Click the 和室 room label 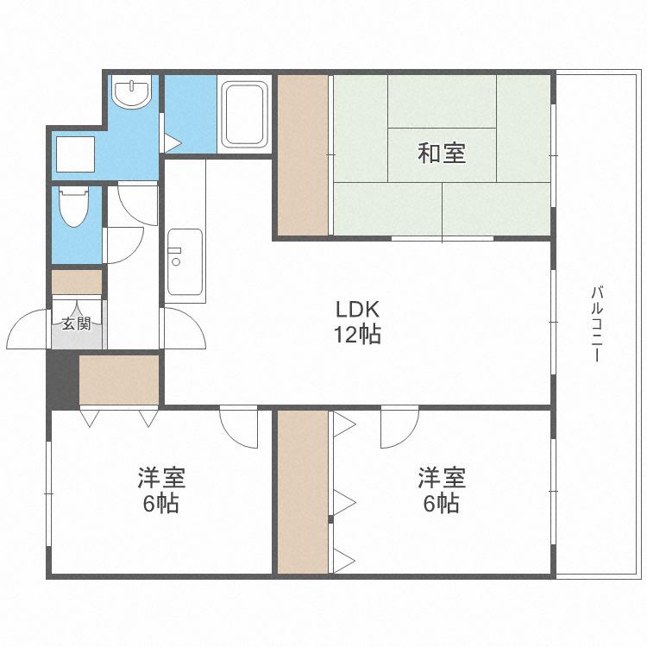click(442, 153)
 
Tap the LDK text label click(357, 309)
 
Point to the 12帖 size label click(357, 334)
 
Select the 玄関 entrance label click(76, 323)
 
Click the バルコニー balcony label click(597, 323)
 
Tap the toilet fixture click(74, 206)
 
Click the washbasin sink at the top click(132, 92)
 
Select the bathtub click(244, 115)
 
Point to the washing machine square click(76, 154)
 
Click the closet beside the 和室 click(303, 154)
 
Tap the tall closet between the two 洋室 click(303, 492)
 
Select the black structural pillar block click(63, 380)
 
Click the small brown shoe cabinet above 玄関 click(77, 282)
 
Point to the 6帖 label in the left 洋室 click(161, 504)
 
